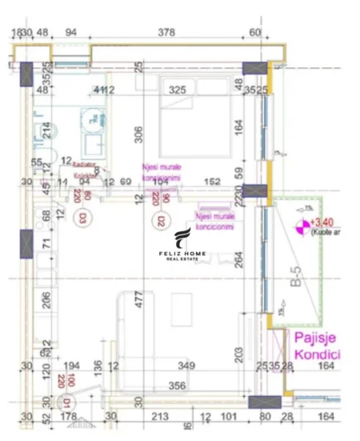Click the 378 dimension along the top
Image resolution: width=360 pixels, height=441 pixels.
coord(166,32)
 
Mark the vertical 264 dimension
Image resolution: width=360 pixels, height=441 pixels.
coord(238,260)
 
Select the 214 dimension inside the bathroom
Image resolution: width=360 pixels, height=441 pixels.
coord(46,130)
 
